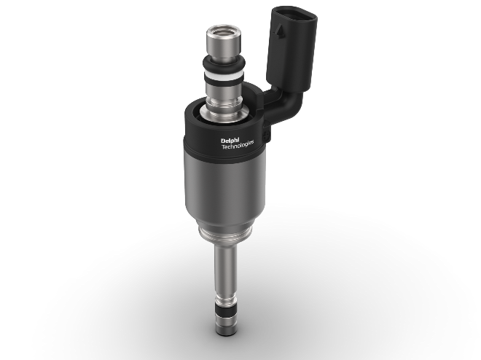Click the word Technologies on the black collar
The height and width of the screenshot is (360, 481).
238,145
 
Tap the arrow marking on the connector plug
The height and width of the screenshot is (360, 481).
279,31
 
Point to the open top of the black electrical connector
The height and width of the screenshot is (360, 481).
294,13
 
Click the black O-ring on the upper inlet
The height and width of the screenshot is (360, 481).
224,63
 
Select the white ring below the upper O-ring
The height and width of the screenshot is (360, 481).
224,74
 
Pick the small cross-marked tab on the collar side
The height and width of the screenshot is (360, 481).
266,135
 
